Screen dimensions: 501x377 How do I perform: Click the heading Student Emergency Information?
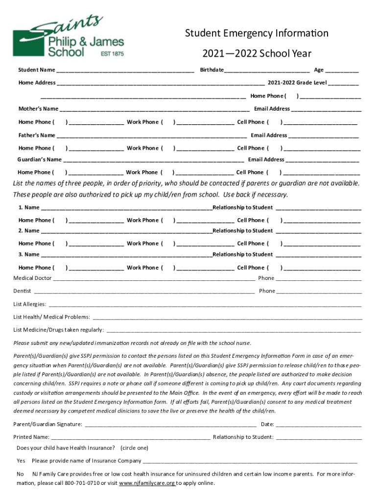coord(257,34)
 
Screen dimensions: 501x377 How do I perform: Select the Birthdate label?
coord(212,70)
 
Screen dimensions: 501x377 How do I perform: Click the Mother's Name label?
coord(38,109)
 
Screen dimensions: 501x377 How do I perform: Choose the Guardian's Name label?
coord(40,159)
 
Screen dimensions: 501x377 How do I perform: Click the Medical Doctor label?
coord(32,278)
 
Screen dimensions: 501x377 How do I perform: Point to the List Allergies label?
coord(30,304)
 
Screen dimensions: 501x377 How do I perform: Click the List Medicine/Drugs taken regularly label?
coord(59,330)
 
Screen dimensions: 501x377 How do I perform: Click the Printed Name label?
coord(31,437)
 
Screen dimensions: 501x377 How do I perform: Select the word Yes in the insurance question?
coord(21,461)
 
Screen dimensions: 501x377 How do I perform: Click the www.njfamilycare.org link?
coord(147,483)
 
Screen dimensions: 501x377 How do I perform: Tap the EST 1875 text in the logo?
coord(112,53)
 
